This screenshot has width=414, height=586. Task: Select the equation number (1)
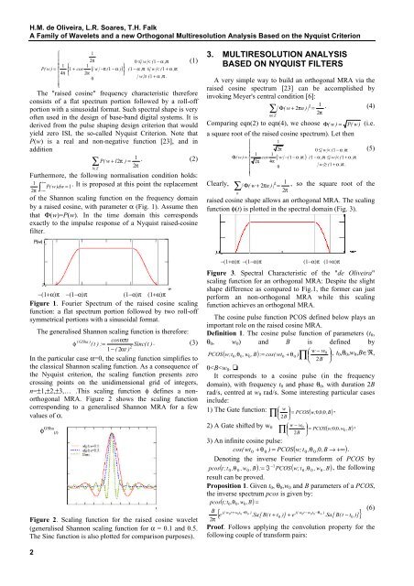(x=196, y=34)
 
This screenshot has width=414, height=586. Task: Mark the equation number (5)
(x=398, y=146)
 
